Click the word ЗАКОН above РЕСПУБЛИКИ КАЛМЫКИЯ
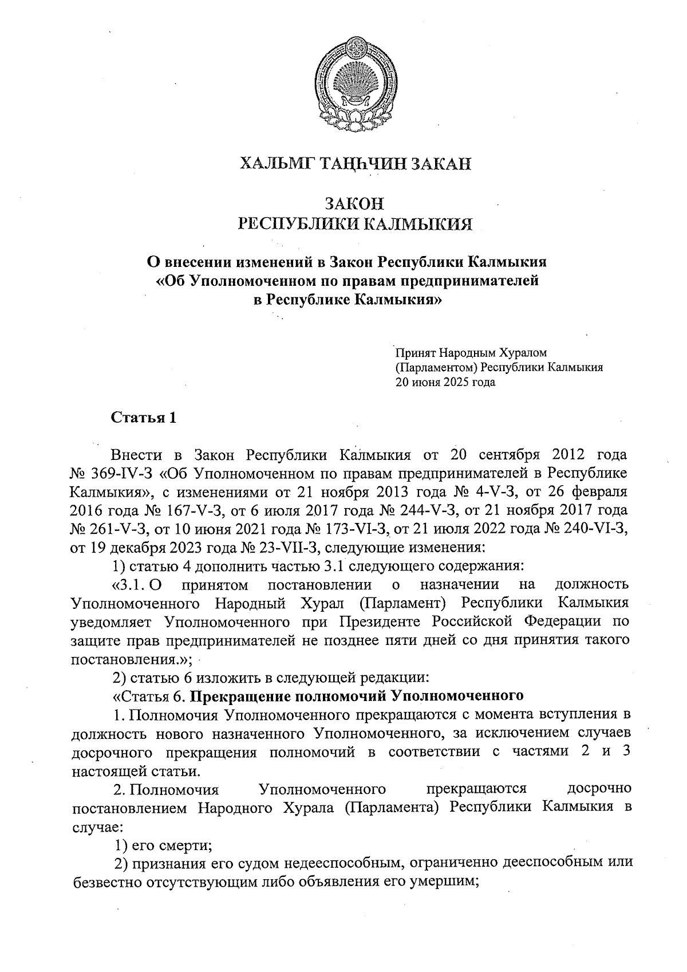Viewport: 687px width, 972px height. click(355, 204)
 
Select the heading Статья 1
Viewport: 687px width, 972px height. click(143, 418)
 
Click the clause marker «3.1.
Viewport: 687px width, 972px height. click(129, 585)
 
